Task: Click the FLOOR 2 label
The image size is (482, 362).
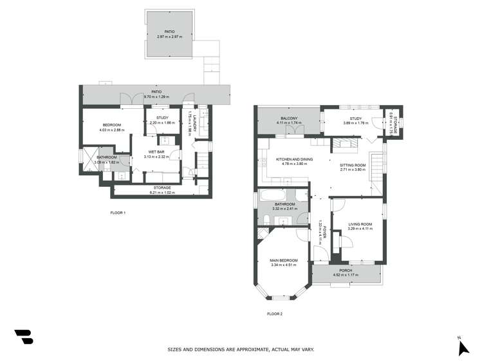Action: click(275, 314)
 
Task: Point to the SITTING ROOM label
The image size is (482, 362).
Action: click(353, 165)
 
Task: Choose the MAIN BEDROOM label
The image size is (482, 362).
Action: click(284, 260)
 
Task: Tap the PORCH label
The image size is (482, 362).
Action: click(346, 271)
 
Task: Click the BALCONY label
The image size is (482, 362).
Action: click(289, 119)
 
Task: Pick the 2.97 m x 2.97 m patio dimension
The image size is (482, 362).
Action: click(170, 36)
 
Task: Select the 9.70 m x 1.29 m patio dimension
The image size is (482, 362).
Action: click(156, 96)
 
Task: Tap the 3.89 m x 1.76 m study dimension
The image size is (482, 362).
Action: click(356, 122)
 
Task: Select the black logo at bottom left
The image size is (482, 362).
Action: click(23, 336)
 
